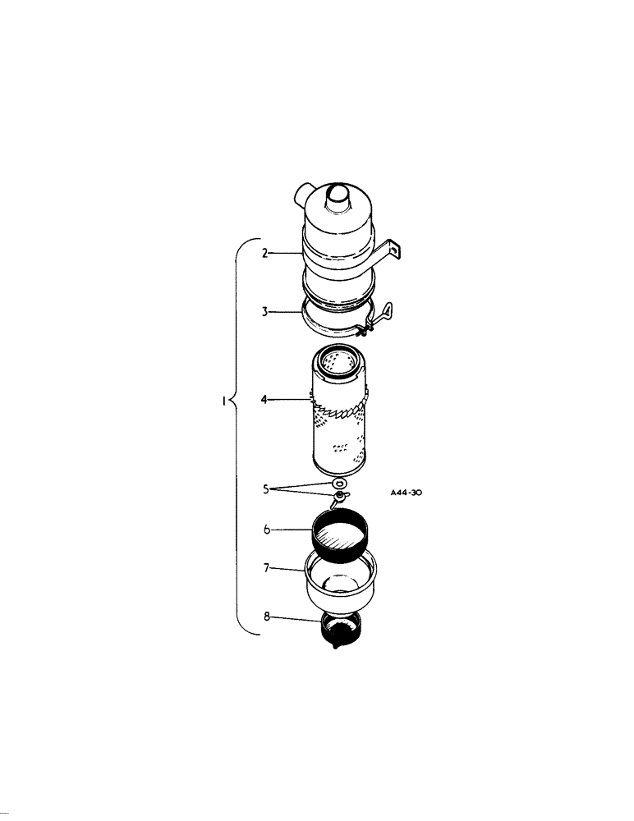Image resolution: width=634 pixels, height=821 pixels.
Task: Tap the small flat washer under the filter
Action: (338, 486)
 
